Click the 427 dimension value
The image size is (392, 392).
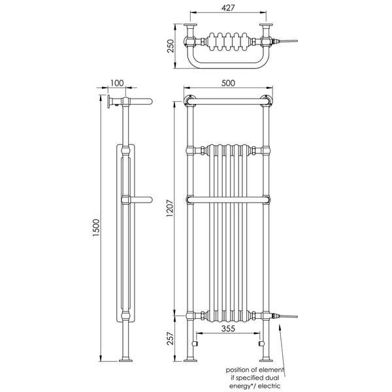click(227, 8)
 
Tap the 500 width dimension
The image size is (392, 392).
click(228, 83)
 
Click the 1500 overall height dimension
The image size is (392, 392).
click(95, 229)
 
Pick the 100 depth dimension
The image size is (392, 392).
click(117, 83)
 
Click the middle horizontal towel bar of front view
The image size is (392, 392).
click(228, 199)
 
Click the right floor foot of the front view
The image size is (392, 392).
click(266, 359)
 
